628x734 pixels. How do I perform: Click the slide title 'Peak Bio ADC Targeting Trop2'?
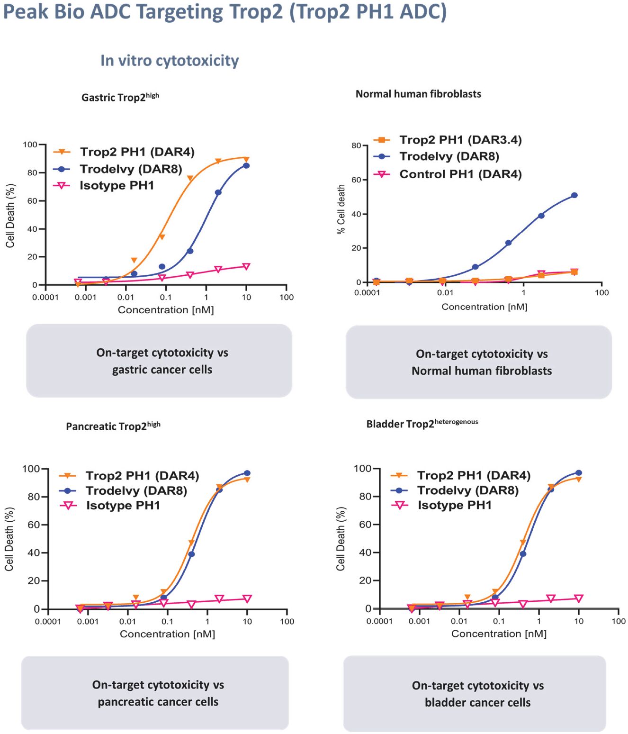[225, 12]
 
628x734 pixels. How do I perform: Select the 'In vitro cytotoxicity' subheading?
[170, 61]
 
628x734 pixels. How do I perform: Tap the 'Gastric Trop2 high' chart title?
[120, 97]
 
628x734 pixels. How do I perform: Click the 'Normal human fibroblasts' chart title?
[418, 94]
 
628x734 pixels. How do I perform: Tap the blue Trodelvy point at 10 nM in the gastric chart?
[246, 166]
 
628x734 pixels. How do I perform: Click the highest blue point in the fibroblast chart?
[574, 195]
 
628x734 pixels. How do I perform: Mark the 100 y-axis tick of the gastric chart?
[30, 145]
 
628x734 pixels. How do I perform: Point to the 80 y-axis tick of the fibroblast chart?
[356, 145]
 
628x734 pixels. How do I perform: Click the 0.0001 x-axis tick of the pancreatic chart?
[48, 622]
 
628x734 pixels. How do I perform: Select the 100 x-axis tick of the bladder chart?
[619, 621]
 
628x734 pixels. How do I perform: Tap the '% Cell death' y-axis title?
[341, 209]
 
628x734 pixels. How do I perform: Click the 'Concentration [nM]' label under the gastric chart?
[166, 310]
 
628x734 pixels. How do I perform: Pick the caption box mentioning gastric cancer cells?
[159, 361]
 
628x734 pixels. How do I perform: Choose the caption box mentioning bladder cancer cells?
[475, 694]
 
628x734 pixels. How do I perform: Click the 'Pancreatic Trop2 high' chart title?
[113, 426]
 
